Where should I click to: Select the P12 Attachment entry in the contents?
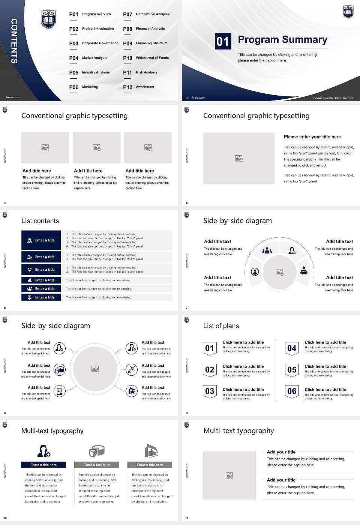[139, 87]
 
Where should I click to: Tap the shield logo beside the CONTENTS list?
[48, 19]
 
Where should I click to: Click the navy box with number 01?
[222, 41]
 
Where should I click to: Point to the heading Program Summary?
[282, 40]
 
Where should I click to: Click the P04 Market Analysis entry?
[88, 58]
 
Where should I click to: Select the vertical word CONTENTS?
[14, 41]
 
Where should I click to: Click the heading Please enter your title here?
[312, 137]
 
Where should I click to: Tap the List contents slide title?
[40, 221]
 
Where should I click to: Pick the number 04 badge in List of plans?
[292, 348]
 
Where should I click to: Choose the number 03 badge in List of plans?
[210, 391]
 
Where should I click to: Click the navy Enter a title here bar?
[43, 465]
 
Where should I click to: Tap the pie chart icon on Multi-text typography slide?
[97, 451]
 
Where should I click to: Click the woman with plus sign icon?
[43, 450]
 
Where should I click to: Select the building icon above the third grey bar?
[151, 451]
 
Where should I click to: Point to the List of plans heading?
[221, 326]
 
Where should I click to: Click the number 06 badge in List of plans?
[292, 391]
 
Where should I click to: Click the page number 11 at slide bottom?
[187, 518]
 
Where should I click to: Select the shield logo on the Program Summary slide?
[348, 12]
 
